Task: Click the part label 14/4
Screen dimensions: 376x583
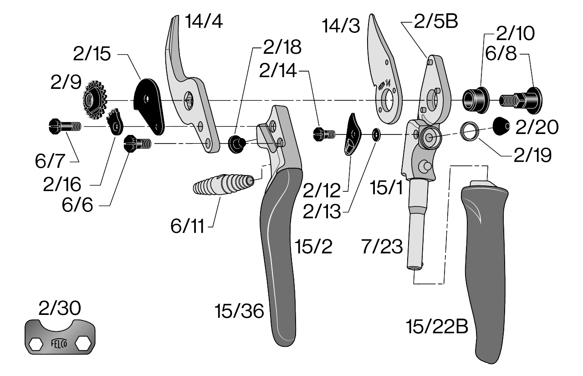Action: click(x=204, y=21)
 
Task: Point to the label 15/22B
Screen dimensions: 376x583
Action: click(x=437, y=326)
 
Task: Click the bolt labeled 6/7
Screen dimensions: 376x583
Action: click(x=64, y=126)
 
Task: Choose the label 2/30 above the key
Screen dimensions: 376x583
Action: click(x=60, y=309)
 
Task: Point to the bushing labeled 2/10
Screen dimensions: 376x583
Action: click(x=475, y=98)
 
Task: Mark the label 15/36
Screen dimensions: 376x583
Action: click(x=240, y=312)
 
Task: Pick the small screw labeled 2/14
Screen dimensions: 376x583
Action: click(x=324, y=134)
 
